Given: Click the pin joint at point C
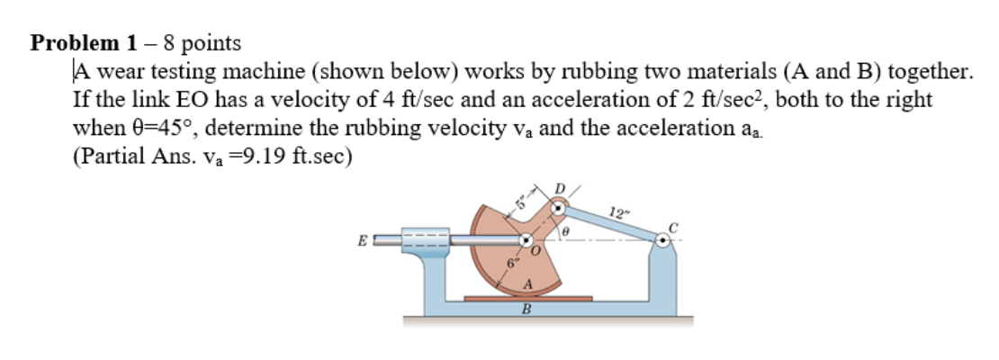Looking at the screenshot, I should [x=663, y=240].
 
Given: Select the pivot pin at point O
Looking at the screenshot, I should [x=525, y=241].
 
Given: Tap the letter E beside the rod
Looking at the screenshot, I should [x=360, y=241].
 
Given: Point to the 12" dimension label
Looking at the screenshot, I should [x=618, y=212].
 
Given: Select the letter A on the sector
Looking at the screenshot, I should [x=528, y=284].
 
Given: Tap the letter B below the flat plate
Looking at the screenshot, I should [x=527, y=311].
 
